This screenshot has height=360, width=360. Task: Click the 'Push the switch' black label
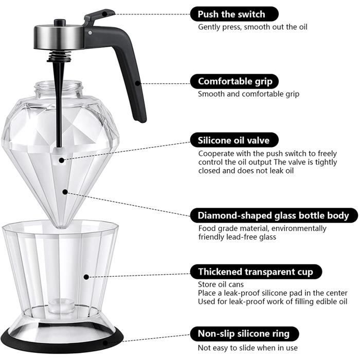click(234, 14)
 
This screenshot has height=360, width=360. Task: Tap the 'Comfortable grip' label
click(235, 81)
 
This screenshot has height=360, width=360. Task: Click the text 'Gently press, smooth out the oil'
click(253, 27)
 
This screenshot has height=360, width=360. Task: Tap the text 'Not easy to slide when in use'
click(247, 348)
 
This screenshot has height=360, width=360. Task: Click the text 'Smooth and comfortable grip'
click(248, 94)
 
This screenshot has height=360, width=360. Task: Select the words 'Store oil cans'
click(222, 284)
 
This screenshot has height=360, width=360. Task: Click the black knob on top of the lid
click(60, 23)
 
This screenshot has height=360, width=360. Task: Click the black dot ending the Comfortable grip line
click(137, 82)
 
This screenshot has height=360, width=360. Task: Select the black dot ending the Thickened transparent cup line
click(86, 277)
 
